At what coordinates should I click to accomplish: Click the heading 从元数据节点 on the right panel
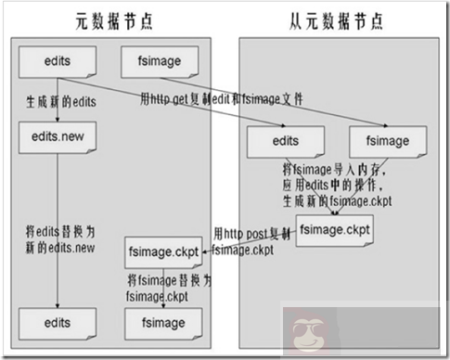333,19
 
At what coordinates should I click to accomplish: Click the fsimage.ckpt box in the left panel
162,251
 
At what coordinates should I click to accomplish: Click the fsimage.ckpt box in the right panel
335,226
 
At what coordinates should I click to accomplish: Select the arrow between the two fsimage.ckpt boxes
251,243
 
